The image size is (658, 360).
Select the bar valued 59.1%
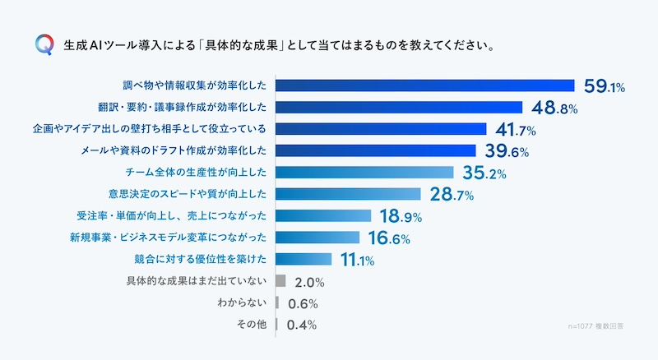click(x=424, y=85)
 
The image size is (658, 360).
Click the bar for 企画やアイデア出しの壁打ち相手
click(x=381, y=129)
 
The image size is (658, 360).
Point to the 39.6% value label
click(x=505, y=150)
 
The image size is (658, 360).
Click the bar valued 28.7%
click(x=348, y=194)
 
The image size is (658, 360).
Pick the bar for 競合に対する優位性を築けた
click(x=304, y=260)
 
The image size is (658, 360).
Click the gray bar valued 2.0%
click(x=280, y=281)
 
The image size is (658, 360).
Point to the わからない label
click(x=242, y=303)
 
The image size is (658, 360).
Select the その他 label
click(x=251, y=325)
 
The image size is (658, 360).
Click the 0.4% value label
click(x=302, y=325)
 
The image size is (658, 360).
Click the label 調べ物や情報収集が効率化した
click(x=195, y=85)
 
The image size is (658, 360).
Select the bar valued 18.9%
click(x=323, y=216)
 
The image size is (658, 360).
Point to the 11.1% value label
click(x=357, y=260)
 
